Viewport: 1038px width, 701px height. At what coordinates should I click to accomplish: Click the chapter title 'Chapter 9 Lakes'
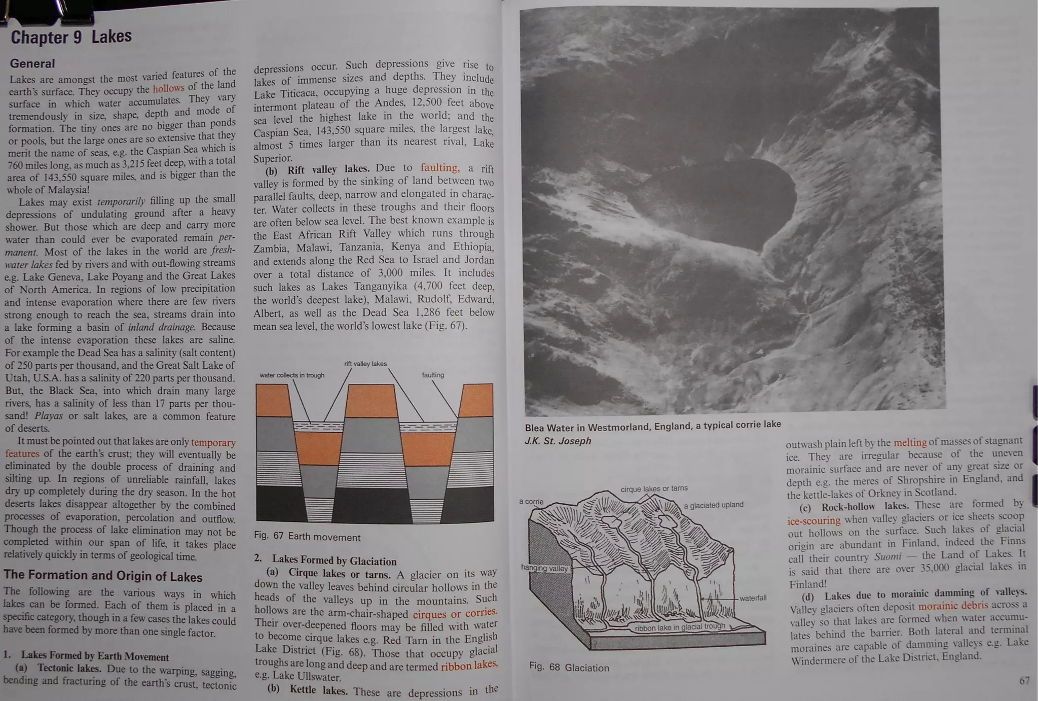tap(71, 37)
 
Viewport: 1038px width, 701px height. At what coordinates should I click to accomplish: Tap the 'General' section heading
tap(32, 63)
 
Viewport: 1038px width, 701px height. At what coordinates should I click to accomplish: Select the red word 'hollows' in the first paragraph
tap(168, 88)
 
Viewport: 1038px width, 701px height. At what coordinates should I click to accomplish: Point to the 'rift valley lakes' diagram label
tap(365, 364)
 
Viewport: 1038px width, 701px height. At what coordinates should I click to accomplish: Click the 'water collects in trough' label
tap(292, 375)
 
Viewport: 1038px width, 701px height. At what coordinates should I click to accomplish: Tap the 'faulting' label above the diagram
tap(433, 375)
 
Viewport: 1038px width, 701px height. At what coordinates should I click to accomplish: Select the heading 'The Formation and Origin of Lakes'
tap(103, 576)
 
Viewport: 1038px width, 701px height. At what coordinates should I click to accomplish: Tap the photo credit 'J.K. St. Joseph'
tap(558, 441)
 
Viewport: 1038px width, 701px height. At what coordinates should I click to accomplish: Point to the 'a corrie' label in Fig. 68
tap(531, 502)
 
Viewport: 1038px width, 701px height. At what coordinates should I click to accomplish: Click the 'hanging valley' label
tap(544, 568)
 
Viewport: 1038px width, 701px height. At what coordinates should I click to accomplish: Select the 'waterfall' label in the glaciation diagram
tap(753, 598)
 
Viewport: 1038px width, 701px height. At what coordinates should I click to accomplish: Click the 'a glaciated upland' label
tap(713, 505)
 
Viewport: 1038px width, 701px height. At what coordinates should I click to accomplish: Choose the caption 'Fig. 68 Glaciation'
tap(569, 668)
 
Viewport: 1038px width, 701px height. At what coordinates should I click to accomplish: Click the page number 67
tap(1024, 680)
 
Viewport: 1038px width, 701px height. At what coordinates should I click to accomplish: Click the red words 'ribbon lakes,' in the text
tap(469, 665)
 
